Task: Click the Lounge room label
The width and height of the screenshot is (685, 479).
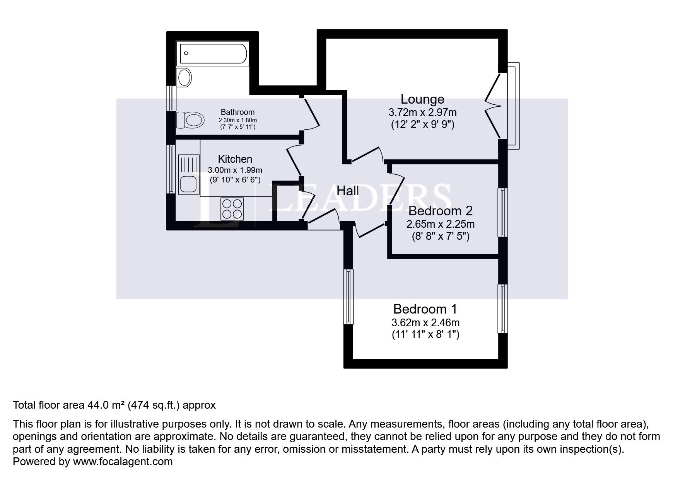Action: coord(422,99)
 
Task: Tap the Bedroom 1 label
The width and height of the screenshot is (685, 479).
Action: coord(425,309)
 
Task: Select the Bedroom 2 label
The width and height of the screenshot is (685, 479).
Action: coord(440,211)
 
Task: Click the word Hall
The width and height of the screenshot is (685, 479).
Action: coord(347,191)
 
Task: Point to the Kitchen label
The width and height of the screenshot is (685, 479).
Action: coord(235,159)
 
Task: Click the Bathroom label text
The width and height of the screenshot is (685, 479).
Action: coord(237,112)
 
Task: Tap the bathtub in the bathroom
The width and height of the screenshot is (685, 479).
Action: coord(212,54)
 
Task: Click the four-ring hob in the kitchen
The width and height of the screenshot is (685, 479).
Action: coord(232,208)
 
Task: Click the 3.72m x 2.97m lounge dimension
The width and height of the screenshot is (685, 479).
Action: coord(422,113)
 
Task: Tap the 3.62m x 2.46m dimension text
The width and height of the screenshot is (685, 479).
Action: coord(425,322)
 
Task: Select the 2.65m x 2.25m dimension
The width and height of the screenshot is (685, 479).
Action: coord(440,224)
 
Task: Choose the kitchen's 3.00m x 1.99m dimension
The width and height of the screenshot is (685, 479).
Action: coord(235,170)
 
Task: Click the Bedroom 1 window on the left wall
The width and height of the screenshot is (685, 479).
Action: coord(348,297)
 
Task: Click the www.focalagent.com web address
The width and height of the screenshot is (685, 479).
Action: coord(123,461)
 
